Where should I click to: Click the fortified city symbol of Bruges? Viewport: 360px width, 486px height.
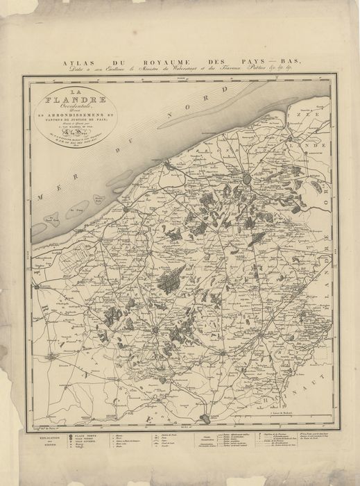[x=246, y=178]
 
